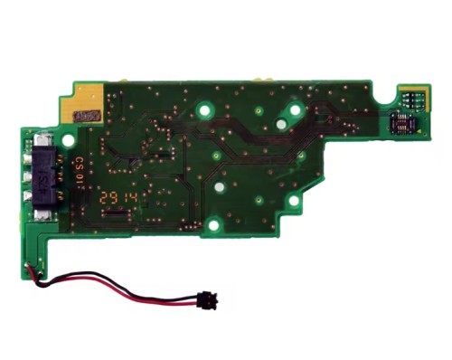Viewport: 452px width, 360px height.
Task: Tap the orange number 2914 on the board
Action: [119, 196]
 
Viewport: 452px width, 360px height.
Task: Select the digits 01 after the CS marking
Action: [80, 183]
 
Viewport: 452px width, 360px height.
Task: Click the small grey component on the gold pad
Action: [88, 117]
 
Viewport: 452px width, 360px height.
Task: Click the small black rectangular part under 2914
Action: [117, 213]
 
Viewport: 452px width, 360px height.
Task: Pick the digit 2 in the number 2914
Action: [106, 196]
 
